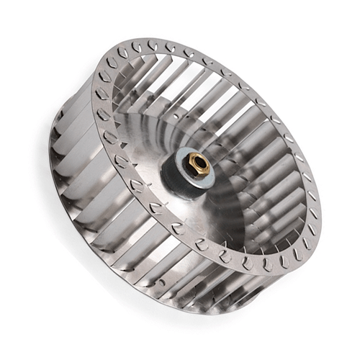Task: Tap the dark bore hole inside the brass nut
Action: [x=197, y=163]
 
